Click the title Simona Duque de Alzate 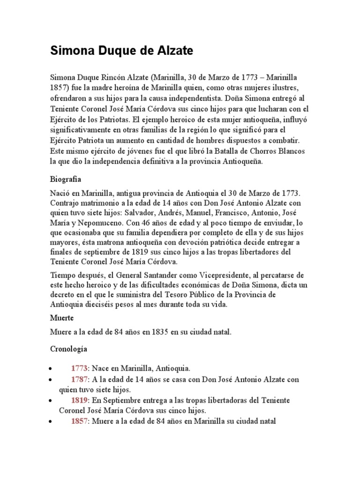click(121, 52)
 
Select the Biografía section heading click(66, 179)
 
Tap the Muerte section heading click(62, 318)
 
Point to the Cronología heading click(68, 349)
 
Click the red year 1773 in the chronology click(79, 368)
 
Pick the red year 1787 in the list click(79, 379)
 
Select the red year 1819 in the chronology click(79, 400)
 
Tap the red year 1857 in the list click(79, 421)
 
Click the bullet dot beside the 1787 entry click(51, 380)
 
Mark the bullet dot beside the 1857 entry click(51, 422)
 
